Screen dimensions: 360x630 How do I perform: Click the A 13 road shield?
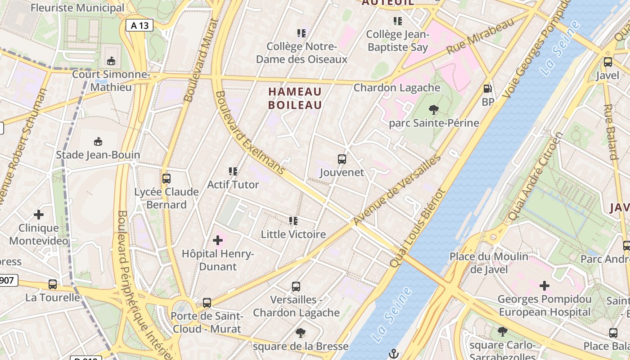139,25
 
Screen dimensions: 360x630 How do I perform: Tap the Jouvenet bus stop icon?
342,159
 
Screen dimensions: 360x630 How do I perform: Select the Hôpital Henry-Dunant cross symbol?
218,240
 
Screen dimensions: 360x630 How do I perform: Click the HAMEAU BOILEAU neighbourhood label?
295,99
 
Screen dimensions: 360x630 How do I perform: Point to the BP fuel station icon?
487,89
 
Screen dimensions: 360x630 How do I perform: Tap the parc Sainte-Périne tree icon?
434,109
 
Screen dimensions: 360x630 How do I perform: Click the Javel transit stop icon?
607,62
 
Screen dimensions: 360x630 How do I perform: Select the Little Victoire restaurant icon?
293,220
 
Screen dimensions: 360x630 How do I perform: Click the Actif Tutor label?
233,184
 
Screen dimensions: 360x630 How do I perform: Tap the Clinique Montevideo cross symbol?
39,215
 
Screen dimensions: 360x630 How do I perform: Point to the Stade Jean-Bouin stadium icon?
98,142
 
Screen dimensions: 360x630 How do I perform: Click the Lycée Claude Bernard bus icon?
166,179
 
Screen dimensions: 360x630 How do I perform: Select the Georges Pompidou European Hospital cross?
544,285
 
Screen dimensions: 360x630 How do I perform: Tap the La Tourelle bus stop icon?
53,284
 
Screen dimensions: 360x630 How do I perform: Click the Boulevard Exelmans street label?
250,133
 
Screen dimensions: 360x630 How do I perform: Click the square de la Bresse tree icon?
301,333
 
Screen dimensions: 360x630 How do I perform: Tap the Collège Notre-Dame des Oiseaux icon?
301,33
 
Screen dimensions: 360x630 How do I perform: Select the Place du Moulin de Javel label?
489,263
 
